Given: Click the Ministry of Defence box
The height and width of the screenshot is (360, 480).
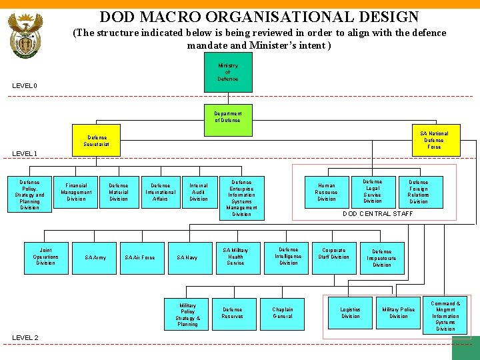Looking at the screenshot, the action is click(x=227, y=73).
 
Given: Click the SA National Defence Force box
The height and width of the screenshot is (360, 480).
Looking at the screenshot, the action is click(x=433, y=140).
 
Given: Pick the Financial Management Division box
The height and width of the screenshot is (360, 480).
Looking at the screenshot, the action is click(x=77, y=192).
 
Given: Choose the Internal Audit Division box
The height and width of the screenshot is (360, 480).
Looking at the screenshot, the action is click(x=199, y=192).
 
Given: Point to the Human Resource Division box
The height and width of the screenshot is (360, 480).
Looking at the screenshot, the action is click(x=327, y=192).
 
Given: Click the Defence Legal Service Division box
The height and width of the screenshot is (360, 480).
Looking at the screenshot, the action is click(x=373, y=191).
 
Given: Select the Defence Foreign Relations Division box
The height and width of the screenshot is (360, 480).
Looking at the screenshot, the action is click(x=419, y=191).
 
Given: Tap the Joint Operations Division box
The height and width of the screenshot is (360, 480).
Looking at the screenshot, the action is click(x=45, y=257).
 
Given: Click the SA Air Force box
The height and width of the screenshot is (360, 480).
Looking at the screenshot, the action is click(x=140, y=257).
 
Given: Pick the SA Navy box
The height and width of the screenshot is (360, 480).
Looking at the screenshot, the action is click(x=187, y=257).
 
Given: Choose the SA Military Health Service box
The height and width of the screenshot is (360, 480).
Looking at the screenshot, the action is click(x=235, y=257).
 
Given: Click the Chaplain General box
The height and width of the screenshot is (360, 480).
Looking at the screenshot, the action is click(x=283, y=313).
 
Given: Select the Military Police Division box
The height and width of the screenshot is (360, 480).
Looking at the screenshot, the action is click(x=399, y=313).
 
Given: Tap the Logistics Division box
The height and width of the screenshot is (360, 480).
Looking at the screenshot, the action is click(x=351, y=313).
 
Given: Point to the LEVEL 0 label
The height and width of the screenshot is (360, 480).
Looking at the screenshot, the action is click(x=25, y=85).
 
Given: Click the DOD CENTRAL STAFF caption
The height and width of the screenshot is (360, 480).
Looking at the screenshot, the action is click(x=378, y=213).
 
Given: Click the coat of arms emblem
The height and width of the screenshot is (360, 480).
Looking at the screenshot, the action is click(x=25, y=37).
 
